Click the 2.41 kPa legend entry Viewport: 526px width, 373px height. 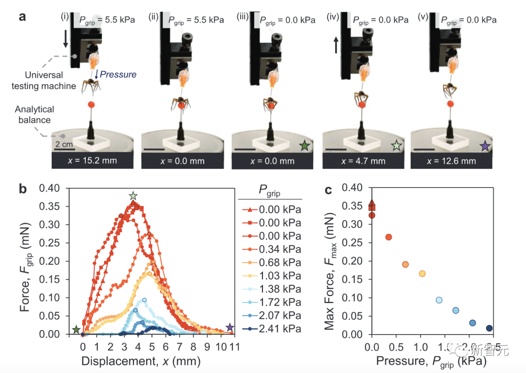point(271,329)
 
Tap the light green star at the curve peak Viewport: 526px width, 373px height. point(133,196)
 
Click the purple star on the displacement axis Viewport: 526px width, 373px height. point(230,327)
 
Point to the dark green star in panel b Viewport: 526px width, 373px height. point(76,330)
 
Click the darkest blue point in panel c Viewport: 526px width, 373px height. point(489,328)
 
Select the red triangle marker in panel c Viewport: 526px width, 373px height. point(372,204)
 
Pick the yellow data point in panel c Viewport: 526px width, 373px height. point(422,274)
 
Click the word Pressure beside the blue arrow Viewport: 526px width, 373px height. point(118,75)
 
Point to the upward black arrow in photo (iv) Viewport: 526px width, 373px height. point(335,46)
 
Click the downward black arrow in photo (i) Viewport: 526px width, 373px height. point(66,39)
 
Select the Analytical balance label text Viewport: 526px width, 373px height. point(35,114)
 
